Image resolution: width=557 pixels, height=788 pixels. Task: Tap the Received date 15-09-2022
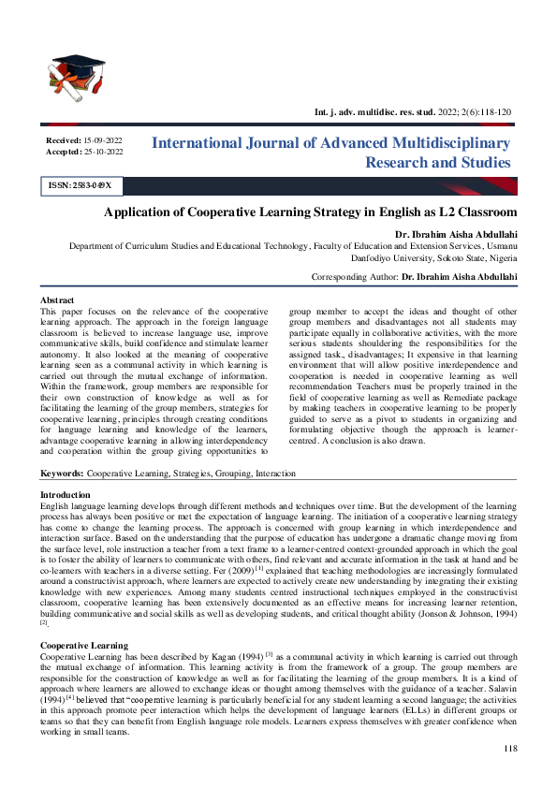pos(103,139)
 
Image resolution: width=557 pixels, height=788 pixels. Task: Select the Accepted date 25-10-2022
pos(103,150)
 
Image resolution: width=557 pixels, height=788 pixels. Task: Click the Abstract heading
pos(58,299)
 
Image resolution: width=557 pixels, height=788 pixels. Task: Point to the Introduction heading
pos(66,494)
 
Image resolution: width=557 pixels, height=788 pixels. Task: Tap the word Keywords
pos(61,474)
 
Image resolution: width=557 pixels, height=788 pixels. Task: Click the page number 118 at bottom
pos(510,749)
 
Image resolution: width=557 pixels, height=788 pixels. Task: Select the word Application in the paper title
pos(139,212)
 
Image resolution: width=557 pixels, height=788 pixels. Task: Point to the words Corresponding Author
pos(356,278)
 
